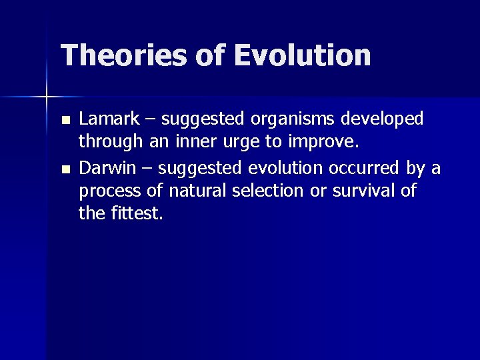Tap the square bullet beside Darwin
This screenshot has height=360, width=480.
pos(65,169)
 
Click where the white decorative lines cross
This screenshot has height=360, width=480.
pos(47,98)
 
